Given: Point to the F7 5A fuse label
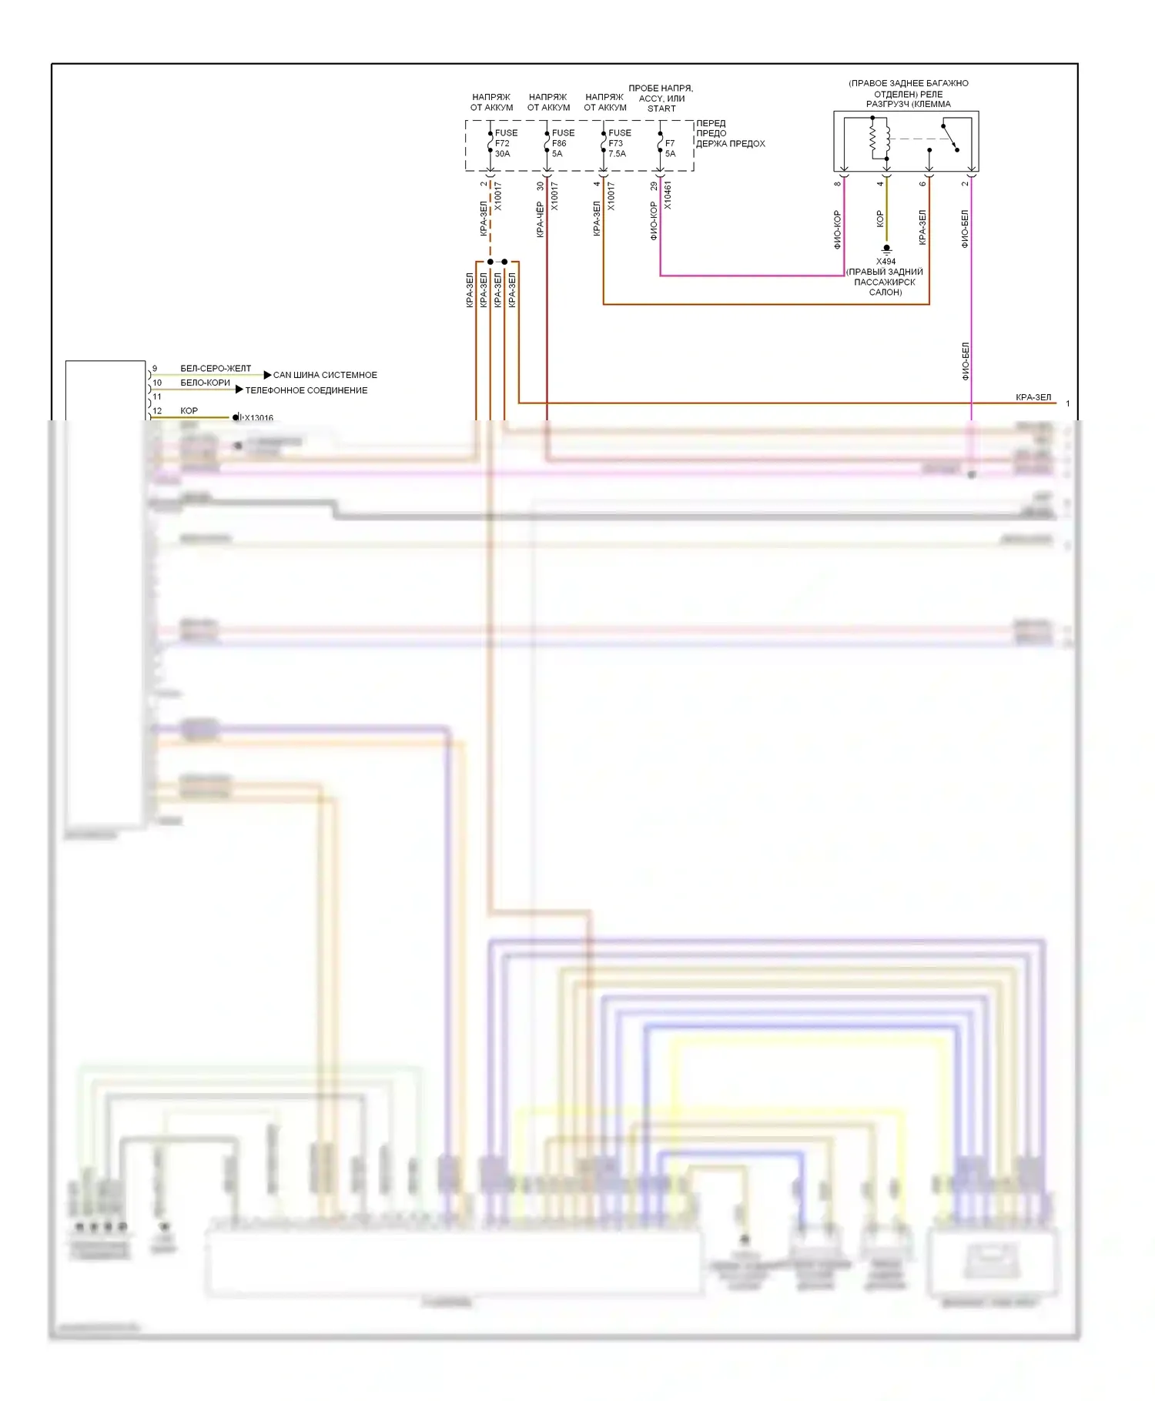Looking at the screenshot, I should (670, 148).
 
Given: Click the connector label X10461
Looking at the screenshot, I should (668, 196).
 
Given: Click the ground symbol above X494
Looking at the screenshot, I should (886, 249).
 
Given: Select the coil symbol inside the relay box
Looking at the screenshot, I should (873, 139).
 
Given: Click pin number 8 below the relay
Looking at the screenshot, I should (838, 183).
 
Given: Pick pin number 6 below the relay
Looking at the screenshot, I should (922, 183).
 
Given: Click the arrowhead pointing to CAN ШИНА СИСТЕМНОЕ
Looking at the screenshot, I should (267, 375).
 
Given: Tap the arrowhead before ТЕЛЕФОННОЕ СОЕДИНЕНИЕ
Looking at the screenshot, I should (239, 390).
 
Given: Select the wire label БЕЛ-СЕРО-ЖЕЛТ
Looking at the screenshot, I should (216, 368).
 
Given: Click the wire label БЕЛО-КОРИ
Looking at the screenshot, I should (205, 383).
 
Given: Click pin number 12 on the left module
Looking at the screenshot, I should (157, 410).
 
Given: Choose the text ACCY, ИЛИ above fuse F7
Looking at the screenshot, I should (661, 99).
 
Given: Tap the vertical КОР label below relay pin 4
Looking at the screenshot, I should (880, 219).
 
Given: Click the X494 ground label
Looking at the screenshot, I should (885, 262).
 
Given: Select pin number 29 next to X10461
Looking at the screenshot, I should (654, 186).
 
